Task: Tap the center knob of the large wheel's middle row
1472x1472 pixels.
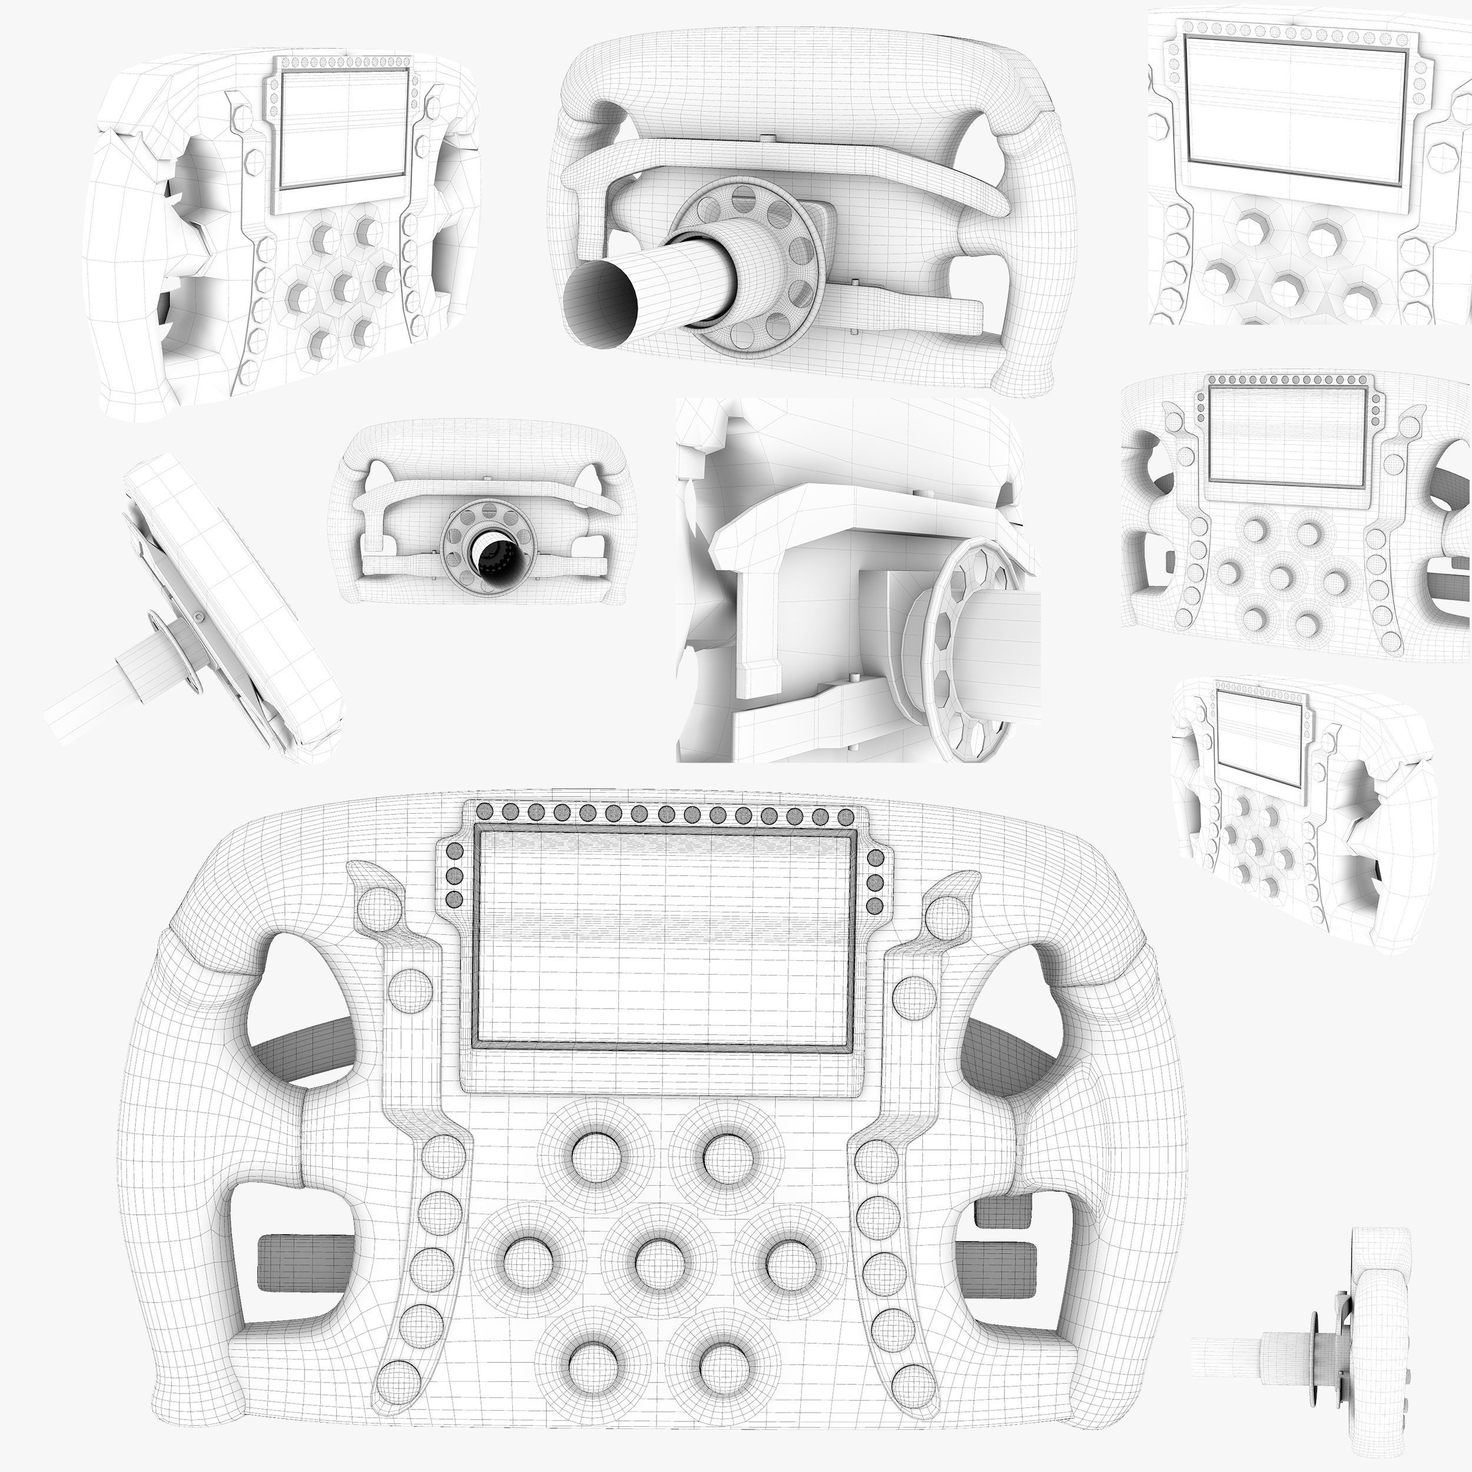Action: click(x=656, y=1262)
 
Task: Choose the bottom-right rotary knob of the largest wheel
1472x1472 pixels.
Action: click(x=721, y=1364)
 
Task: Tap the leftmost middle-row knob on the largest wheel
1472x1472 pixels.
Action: click(x=526, y=1262)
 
